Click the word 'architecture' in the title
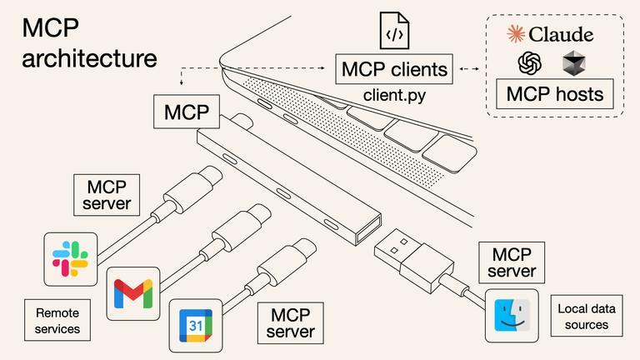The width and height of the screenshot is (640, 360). point(89,59)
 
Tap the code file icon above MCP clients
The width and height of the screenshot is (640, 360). point(394,31)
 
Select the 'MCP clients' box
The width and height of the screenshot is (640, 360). point(394,69)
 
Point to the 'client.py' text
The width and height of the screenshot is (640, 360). point(394,95)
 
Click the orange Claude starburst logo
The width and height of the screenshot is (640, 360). point(516,34)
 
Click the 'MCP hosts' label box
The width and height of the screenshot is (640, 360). point(554,93)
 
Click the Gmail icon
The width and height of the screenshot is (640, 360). point(133,293)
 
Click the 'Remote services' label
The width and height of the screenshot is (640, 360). point(57,321)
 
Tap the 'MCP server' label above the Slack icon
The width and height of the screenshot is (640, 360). point(107,194)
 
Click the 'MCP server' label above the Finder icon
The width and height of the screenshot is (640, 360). point(512,262)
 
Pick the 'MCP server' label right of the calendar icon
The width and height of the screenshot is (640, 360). point(290,322)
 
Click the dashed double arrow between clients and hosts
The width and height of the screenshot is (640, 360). point(471,69)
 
